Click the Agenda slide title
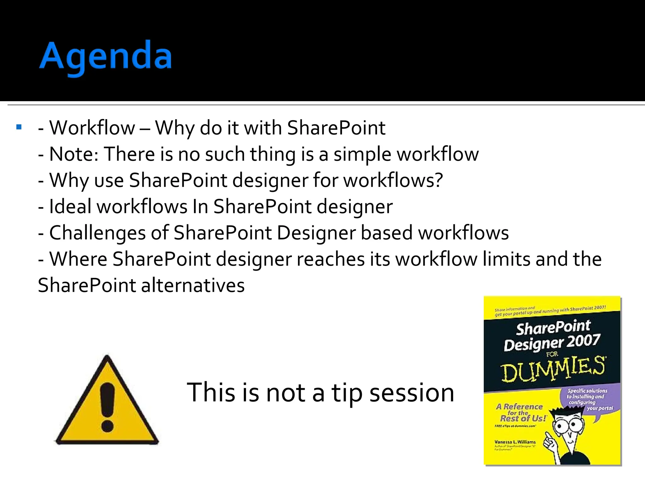tap(106, 57)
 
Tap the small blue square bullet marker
tap(19, 127)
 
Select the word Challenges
tap(97, 233)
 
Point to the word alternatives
tap(192, 285)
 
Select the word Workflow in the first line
tap(92, 128)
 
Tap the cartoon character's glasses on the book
tap(567, 425)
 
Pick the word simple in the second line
tap(362, 154)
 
